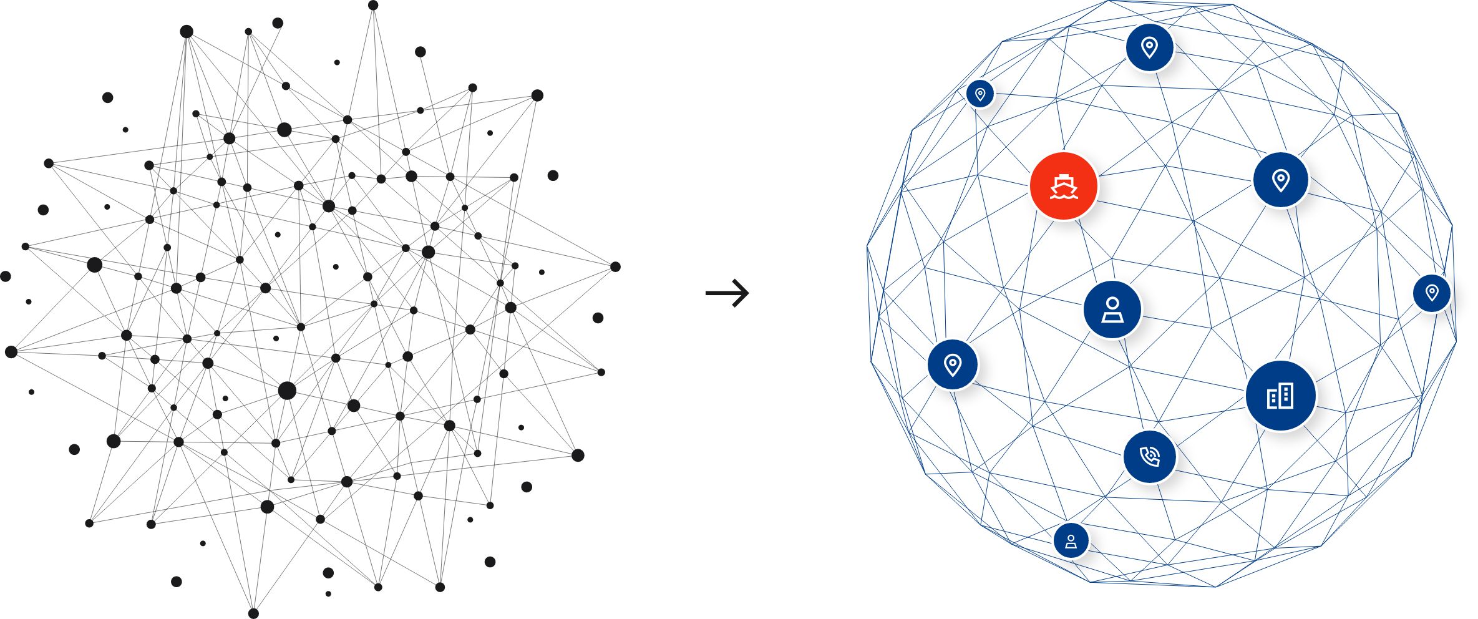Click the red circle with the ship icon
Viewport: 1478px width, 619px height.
(x=1063, y=186)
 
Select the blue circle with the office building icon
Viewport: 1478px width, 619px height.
(x=1280, y=396)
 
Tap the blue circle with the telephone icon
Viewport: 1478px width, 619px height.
(x=1149, y=456)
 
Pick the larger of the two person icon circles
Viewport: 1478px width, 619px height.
(x=1112, y=310)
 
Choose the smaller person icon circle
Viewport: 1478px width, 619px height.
(x=1071, y=540)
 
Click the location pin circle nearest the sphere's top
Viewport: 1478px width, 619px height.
(x=1149, y=47)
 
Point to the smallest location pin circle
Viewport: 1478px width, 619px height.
(x=980, y=94)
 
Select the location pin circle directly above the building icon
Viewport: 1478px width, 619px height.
(x=1280, y=180)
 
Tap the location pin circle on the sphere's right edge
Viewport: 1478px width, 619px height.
(x=1432, y=293)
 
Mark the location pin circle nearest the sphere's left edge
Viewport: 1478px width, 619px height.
(x=952, y=364)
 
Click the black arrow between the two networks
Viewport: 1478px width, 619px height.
(x=727, y=293)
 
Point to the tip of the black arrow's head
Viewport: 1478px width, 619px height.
(x=748, y=293)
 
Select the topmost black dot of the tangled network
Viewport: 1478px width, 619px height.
(x=373, y=6)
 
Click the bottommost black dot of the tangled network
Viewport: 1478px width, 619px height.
(x=253, y=613)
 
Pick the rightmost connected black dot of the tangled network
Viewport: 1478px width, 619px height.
(x=615, y=266)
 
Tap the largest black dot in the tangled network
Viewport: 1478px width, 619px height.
(x=287, y=391)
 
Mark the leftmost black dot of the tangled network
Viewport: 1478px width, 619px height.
(x=6, y=276)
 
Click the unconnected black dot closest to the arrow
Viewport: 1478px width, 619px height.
(x=598, y=318)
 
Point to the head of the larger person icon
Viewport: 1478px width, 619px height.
(x=1112, y=303)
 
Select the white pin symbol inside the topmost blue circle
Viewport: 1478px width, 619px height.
(x=1149, y=47)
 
